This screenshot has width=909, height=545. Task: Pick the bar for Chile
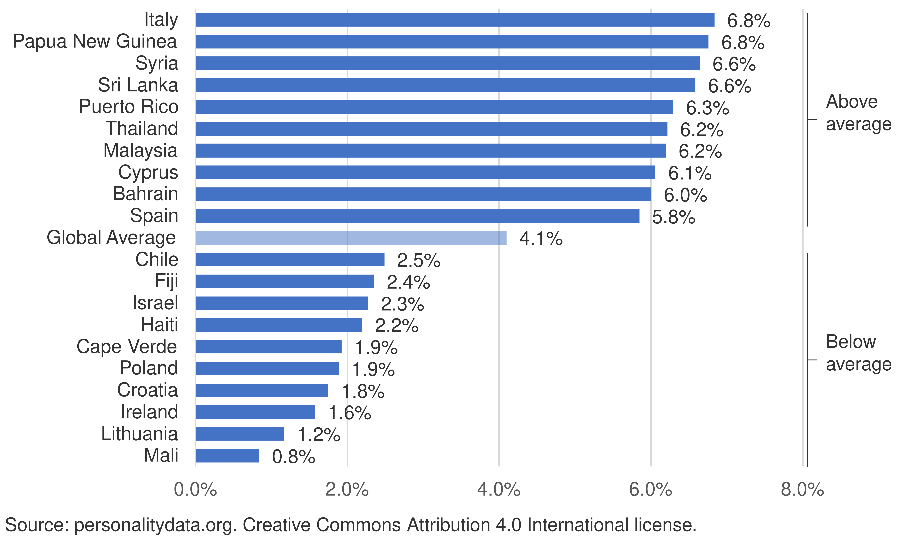click(x=290, y=259)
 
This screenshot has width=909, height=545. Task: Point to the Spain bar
click(x=417, y=216)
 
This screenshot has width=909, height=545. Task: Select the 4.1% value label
click(x=541, y=239)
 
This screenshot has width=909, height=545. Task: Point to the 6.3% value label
click(x=708, y=108)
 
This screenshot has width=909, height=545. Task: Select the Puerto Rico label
click(x=129, y=107)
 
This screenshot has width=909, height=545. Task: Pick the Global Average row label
click(x=111, y=238)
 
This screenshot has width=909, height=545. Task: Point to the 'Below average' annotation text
click(x=858, y=353)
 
